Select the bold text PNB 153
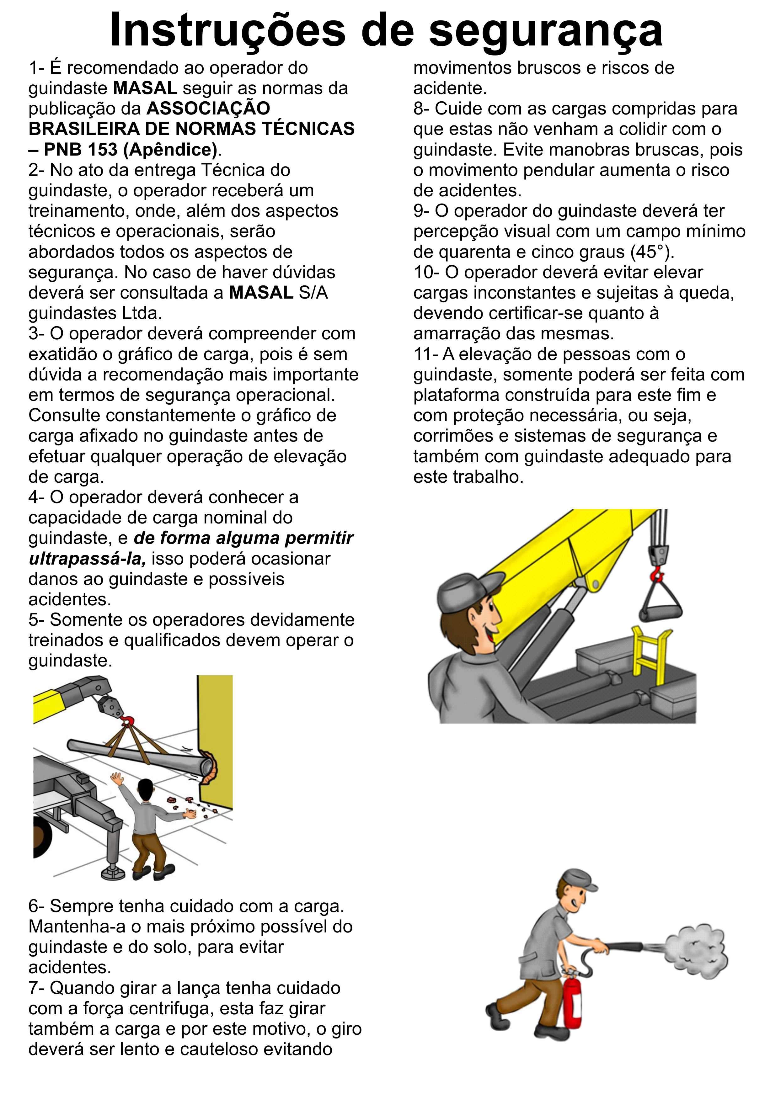(80, 150)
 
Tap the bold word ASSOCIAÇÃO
(208, 108)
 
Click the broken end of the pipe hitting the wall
(208, 766)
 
